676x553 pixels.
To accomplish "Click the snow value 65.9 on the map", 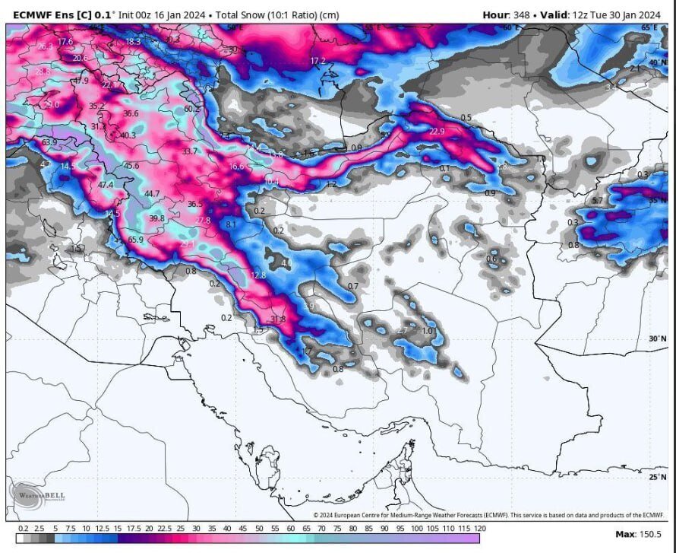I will click(135, 240).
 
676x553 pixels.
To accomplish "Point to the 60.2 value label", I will click(192, 109).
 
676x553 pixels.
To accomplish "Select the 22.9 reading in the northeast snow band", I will click(437, 132).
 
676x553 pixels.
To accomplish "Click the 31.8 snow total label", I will click(277, 319).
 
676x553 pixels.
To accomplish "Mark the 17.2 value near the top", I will click(317, 61).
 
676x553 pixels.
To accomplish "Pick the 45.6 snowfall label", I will click(131, 166).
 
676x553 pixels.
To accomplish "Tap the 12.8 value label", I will click(258, 275).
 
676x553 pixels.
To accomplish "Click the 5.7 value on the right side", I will click(597, 201).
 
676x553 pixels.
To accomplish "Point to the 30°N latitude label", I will click(658, 338).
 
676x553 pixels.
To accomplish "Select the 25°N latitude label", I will click(658, 477).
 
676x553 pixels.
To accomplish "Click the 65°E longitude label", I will click(649, 27).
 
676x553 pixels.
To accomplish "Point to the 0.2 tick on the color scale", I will click(24, 528).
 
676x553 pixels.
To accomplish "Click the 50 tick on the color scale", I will click(258, 528).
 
